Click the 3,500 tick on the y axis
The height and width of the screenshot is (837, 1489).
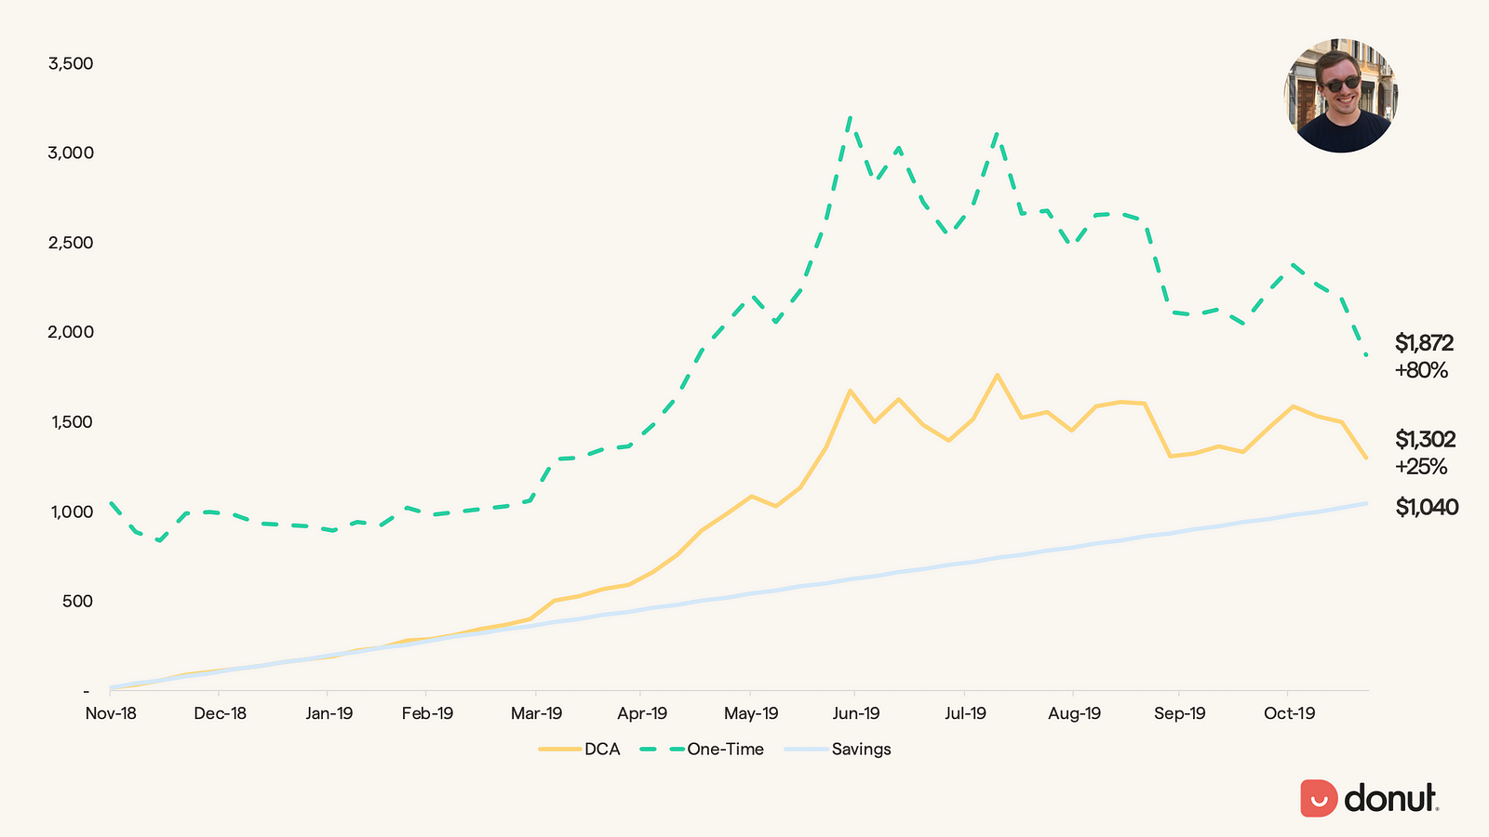coord(71,64)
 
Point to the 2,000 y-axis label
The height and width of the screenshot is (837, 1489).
coord(71,333)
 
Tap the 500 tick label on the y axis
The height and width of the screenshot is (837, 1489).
coord(77,602)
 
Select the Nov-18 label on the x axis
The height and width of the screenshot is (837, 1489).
coord(111,714)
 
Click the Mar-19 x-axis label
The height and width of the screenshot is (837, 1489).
coord(537,714)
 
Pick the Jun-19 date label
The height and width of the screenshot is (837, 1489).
coord(856,714)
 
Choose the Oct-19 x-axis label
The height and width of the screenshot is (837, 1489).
coord(1290,714)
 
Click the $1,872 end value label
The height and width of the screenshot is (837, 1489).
coord(1424,344)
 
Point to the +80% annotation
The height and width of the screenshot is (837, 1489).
coord(1421,371)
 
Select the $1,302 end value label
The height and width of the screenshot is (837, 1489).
coord(1425,440)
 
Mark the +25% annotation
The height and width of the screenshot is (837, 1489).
coord(1421,467)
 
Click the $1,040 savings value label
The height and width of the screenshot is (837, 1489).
coord(1427,508)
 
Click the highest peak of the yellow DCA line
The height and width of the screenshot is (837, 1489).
coord(997,375)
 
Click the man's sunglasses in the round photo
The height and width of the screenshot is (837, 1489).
coord(1340,85)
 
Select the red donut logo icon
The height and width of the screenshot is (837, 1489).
coord(1319,798)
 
